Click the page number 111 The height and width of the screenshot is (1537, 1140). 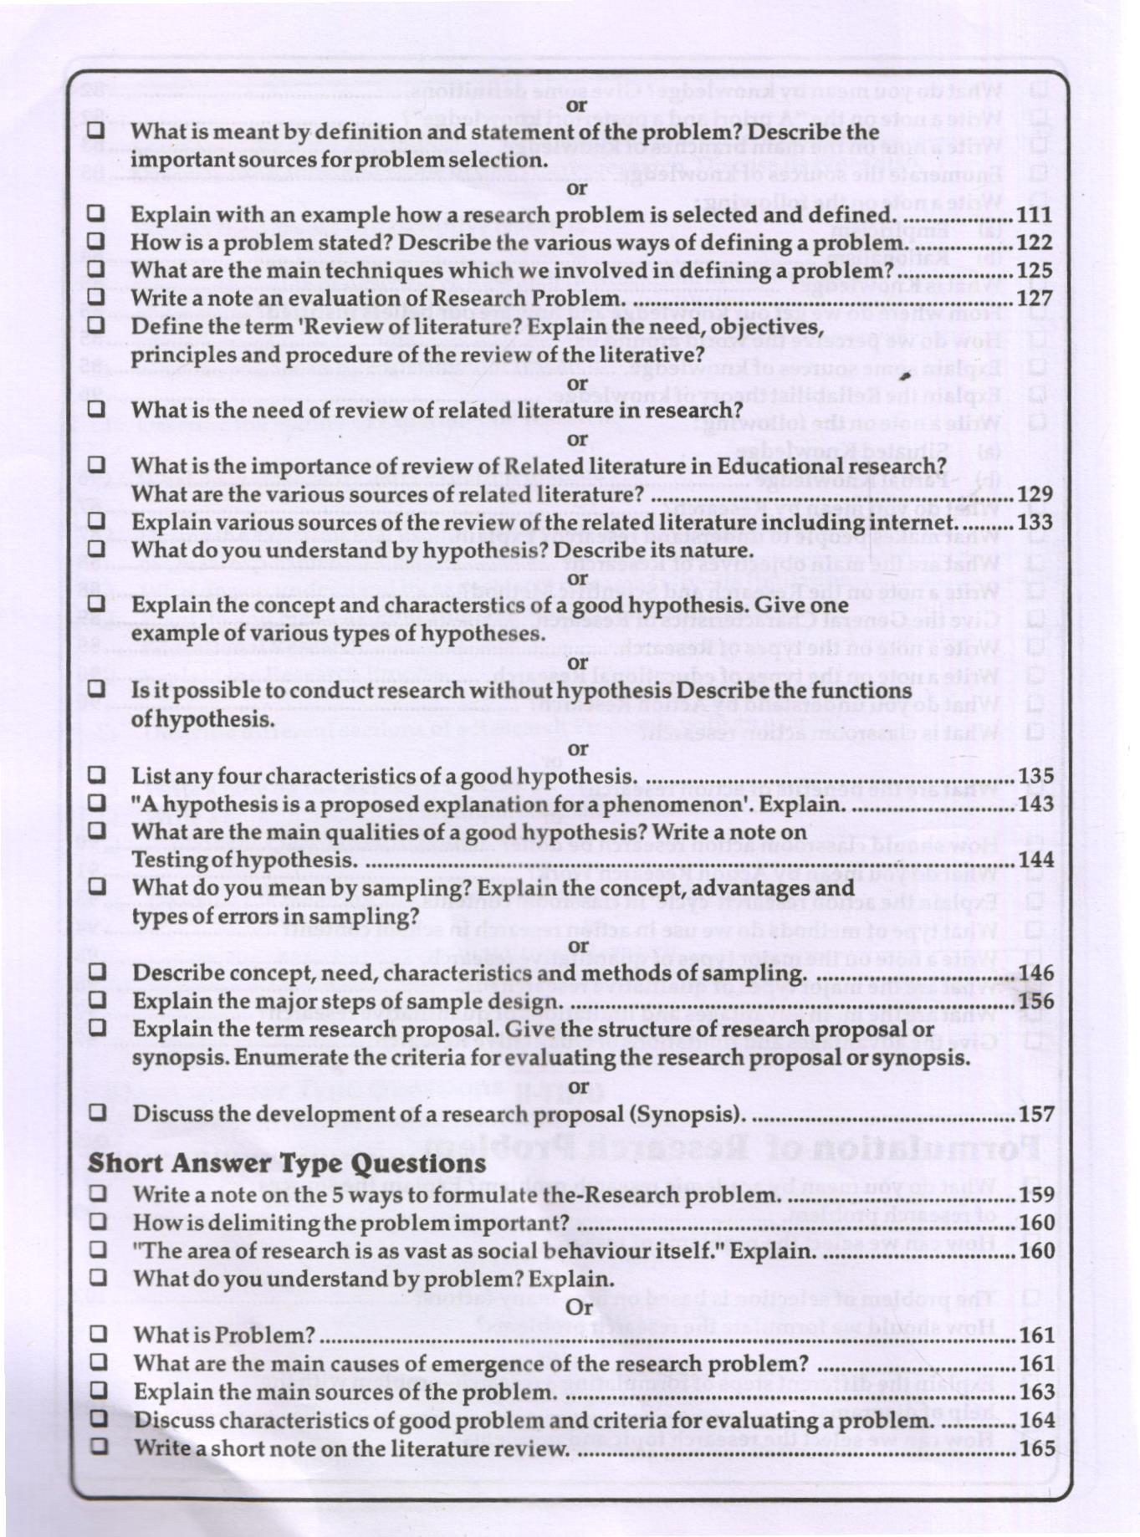(x=1035, y=215)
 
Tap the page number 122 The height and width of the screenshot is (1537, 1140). (x=1035, y=243)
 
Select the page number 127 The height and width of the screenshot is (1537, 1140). (x=1035, y=299)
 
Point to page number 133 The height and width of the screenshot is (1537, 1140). (x=1035, y=522)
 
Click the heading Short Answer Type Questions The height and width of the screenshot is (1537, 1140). (x=287, y=1163)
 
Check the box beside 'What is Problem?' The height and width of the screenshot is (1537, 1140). (x=99, y=1334)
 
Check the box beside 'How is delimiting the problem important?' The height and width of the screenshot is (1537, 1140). (x=99, y=1222)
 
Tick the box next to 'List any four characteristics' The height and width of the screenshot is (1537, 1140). (x=97, y=774)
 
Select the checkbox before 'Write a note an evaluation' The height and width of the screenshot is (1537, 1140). (x=96, y=297)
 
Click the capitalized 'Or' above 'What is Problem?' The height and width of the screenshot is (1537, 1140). (x=579, y=1306)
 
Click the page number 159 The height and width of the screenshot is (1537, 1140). (x=1037, y=1194)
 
